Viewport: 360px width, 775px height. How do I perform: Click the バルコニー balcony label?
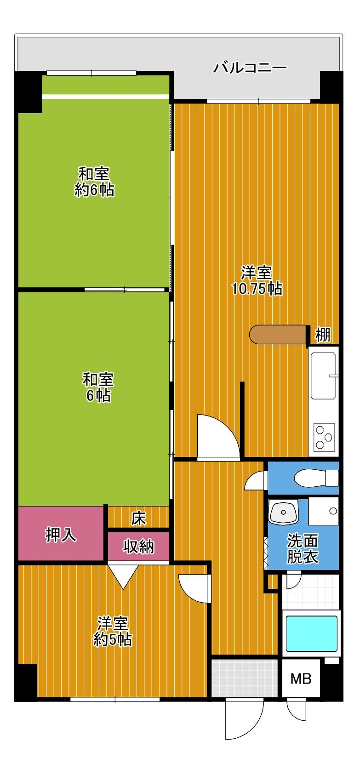(x=250, y=68)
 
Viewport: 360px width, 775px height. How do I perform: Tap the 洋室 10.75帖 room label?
(x=257, y=280)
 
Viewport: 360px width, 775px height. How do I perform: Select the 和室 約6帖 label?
(x=94, y=182)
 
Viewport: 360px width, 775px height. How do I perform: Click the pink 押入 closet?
(x=61, y=535)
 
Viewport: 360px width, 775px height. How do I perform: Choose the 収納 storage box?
(x=138, y=547)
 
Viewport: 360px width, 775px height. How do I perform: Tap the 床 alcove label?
(x=138, y=519)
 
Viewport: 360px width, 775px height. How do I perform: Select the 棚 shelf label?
(x=323, y=335)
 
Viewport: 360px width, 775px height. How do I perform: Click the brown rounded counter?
(x=278, y=335)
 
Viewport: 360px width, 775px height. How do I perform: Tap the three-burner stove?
(x=324, y=436)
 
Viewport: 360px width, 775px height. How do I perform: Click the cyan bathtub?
(x=312, y=633)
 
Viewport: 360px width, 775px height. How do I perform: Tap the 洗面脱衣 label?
(x=302, y=548)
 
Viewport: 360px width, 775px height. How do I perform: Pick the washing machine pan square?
(x=324, y=511)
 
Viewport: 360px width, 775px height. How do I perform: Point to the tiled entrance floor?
(x=245, y=678)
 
